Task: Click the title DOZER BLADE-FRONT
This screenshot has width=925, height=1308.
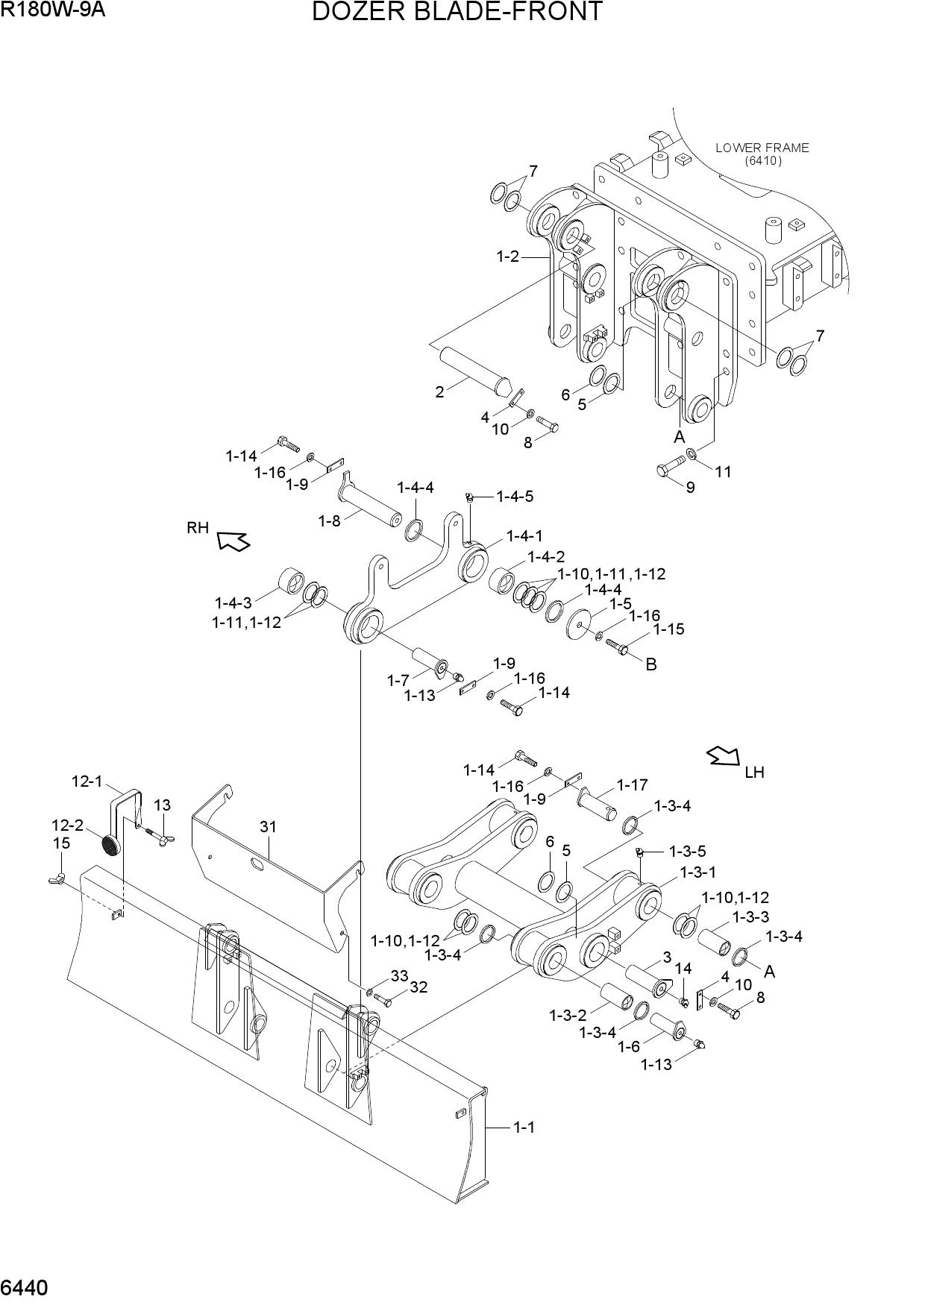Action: pyautogui.click(x=457, y=12)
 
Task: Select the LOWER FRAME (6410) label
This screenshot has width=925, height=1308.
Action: pyautogui.click(x=762, y=154)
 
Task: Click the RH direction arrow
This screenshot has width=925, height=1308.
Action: pyautogui.click(x=233, y=540)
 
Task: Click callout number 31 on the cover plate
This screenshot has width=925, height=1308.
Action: pyautogui.click(x=269, y=826)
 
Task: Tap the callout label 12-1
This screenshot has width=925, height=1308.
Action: pyautogui.click(x=87, y=781)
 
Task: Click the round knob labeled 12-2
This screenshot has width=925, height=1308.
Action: pyautogui.click(x=111, y=846)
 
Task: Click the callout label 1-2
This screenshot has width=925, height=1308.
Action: pyautogui.click(x=507, y=257)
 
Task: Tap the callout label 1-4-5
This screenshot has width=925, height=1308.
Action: pyautogui.click(x=515, y=496)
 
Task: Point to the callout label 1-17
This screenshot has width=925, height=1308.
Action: pyautogui.click(x=632, y=785)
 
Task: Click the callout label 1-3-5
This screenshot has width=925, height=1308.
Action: pyautogui.click(x=687, y=851)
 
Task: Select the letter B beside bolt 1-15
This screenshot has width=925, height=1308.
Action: pyautogui.click(x=650, y=664)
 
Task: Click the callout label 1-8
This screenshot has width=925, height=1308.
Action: pyautogui.click(x=329, y=521)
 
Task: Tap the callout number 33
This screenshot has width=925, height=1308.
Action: pyautogui.click(x=399, y=975)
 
